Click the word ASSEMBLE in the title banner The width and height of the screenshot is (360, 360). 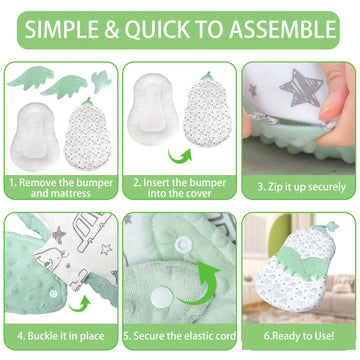pyautogui.click(x=283, y=29)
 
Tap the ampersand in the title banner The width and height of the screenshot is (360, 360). pyautogui.click(x=112, y=29)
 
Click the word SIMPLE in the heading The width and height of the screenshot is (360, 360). pyautogui.click(x=62, y=29)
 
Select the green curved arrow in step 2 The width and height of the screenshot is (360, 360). pyautogui.click(x=180, y=156)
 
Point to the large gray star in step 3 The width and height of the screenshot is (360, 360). pyautogui.click(x=300, y=87)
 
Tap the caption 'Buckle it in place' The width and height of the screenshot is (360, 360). pyautogui.click(x=61, y=336)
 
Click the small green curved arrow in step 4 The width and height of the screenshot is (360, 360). pyautogui.click(x=79, y=304)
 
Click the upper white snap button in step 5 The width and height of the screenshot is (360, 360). pyautogui.click(x=183, y=244)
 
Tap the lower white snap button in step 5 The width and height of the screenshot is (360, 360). pyautogui.click(x=162, y=297)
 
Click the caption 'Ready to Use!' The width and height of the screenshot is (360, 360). pyautogui.click(x=299, y=336)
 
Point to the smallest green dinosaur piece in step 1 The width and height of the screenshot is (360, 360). pyautogui.click(x=102, y=81)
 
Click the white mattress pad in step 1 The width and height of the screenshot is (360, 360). pyautogui.click(x=35, y=136)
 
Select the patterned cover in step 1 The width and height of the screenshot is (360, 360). pyautogui.click(x=88, y=134)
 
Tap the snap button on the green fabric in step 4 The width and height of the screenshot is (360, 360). pyautogui.click(x=53, y=294)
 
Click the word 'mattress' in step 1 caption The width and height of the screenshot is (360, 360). pyautogui.click(x=61, y=193)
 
